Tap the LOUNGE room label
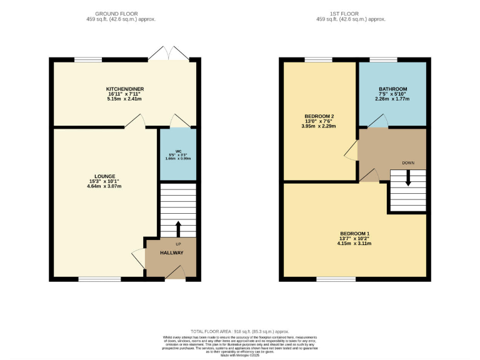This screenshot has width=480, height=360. (105, 176)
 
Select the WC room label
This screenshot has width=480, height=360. (177, 151)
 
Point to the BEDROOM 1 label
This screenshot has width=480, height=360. (355, 232)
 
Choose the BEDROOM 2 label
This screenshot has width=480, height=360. (319, 116)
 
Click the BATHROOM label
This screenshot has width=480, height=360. (392, 89)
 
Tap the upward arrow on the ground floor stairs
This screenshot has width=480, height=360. (178, 227)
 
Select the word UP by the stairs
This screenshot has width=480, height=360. (178, 244)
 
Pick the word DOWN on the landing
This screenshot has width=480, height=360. (408, 162)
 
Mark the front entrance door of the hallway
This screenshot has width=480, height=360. (177, 272)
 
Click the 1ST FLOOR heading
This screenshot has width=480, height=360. (351, 13)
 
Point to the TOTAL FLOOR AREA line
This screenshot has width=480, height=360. (239, 331)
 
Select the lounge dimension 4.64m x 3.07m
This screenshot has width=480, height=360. (105, 186)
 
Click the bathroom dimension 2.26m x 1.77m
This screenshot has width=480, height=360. (392, 99)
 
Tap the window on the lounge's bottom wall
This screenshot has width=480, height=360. (99, 279)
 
